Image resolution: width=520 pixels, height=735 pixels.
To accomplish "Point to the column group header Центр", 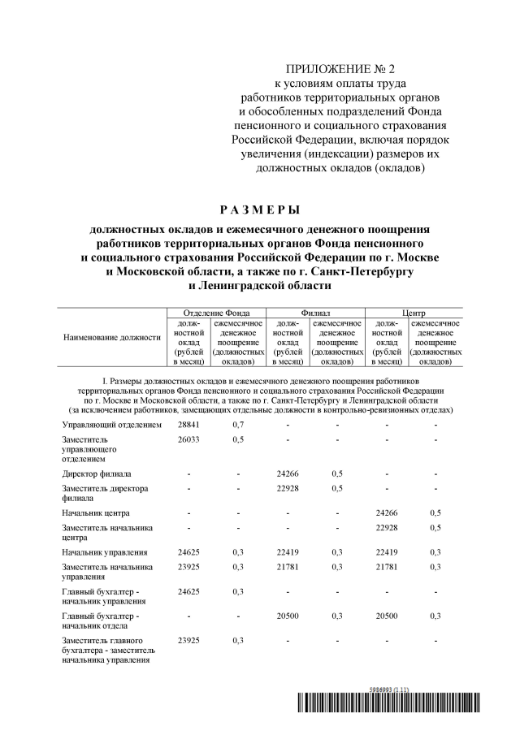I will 414,313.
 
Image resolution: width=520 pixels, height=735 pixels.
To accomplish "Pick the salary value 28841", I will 189,425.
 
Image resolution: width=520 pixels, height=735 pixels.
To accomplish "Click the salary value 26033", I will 189,439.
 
